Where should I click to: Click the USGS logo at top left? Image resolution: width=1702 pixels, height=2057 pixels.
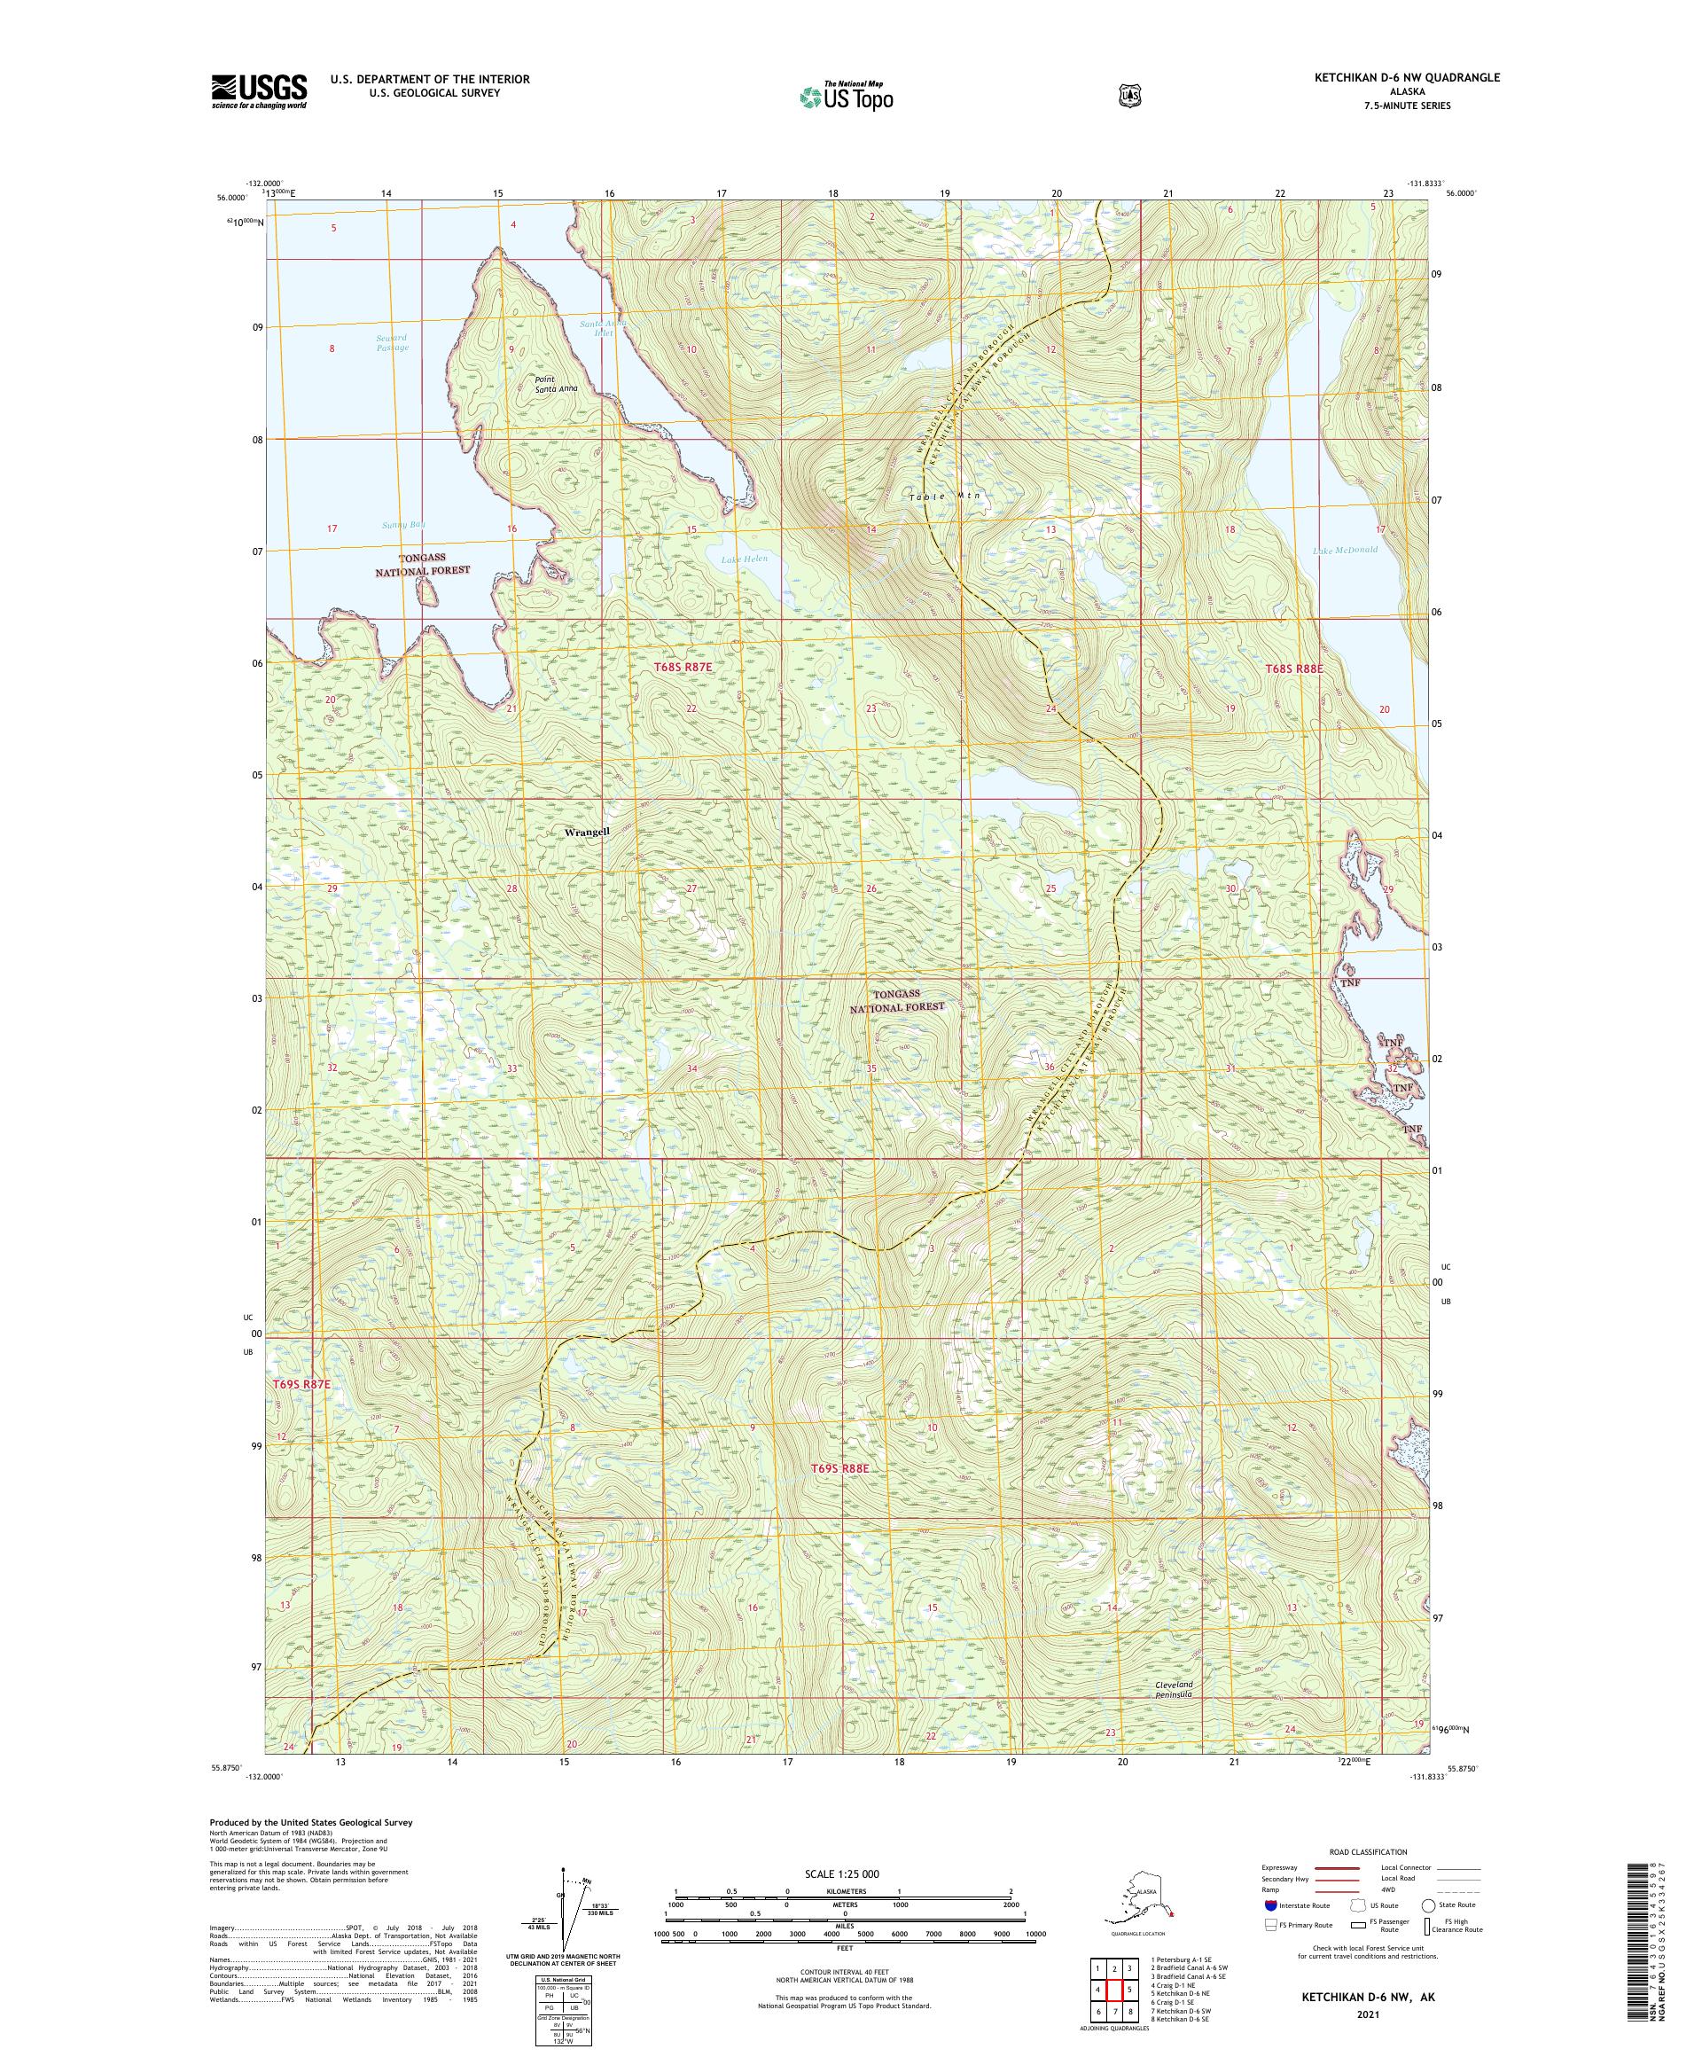[x=259, y=91]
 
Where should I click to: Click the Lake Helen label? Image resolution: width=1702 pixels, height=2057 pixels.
[x=745, y=559]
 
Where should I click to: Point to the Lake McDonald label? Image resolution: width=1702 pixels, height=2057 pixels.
[x=1345, y=550]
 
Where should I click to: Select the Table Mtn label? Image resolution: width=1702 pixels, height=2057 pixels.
[x=944, y=497]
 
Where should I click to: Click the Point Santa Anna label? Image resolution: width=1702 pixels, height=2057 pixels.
[x=555, y=384]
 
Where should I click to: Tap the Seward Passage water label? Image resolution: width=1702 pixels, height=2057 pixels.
[x=392, y=343]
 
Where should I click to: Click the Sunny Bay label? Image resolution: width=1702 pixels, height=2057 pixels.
[x=403, y=525]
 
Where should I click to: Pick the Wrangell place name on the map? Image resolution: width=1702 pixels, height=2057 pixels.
[x=588, y=832]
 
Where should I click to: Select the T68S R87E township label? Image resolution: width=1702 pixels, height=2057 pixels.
[x=683, y=666]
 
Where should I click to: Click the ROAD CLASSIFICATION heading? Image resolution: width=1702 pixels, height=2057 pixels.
[x=1367, y=1852]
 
